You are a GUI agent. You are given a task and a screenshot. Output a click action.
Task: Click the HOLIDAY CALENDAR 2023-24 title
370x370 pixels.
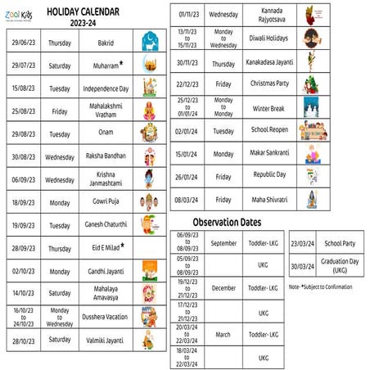pyautogui.click(x=106, y=16)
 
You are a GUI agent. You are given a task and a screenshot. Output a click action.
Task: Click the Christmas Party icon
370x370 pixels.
pyautogui.click(x=311, y=83)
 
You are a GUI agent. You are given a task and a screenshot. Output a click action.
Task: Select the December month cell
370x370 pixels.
pyautogui.click(x=223, y=288)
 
